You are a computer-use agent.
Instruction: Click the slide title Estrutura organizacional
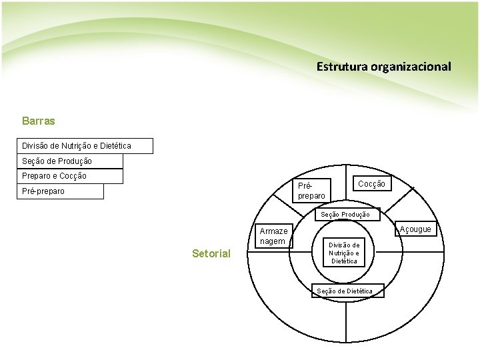tap(383, 67)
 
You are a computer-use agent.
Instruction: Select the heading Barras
tap(39, 121)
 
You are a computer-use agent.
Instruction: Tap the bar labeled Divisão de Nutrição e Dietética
tap(85, 146)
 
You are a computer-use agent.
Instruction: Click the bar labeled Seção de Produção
tap(69, 161)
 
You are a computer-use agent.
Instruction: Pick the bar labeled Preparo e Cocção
tap(69, 176)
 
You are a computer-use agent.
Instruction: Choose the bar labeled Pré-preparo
tap(60, 191)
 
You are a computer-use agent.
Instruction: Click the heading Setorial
tap(211, 253)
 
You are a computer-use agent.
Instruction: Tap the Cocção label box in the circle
tap(371, 183)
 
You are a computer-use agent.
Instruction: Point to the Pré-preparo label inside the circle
tap(311, 191)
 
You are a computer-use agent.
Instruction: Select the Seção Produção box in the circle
tap(345, 215)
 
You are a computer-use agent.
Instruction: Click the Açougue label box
tap(417, 229)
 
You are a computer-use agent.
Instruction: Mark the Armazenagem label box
tap(273, 236)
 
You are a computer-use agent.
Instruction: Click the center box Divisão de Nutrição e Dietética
tap(344, 253)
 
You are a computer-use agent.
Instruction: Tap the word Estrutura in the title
tap(337, 67)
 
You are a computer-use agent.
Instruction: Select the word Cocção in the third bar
tap(73, 176)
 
